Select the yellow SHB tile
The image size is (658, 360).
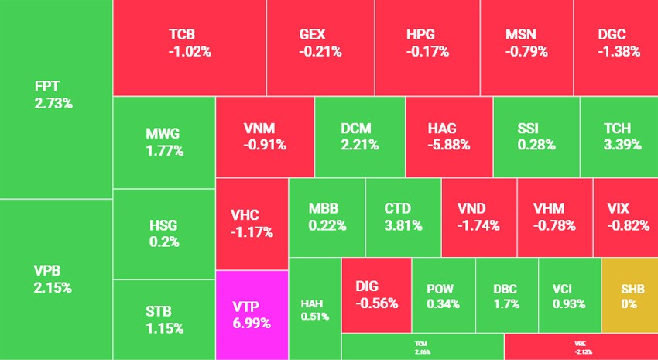point(629,297)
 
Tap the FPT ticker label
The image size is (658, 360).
point(48,86)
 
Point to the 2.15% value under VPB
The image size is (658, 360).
point(53,287)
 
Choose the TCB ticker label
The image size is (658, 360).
point(182,35)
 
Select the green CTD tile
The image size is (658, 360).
point(403,218)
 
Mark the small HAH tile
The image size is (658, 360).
point(314,308)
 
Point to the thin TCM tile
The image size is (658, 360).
point(421,347)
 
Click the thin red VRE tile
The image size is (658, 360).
point(580,347)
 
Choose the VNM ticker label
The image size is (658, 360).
point(259,127)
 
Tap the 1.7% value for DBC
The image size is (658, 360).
point(505,303)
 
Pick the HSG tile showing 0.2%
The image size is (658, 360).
point(163,233)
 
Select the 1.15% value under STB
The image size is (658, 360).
point(164,328)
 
